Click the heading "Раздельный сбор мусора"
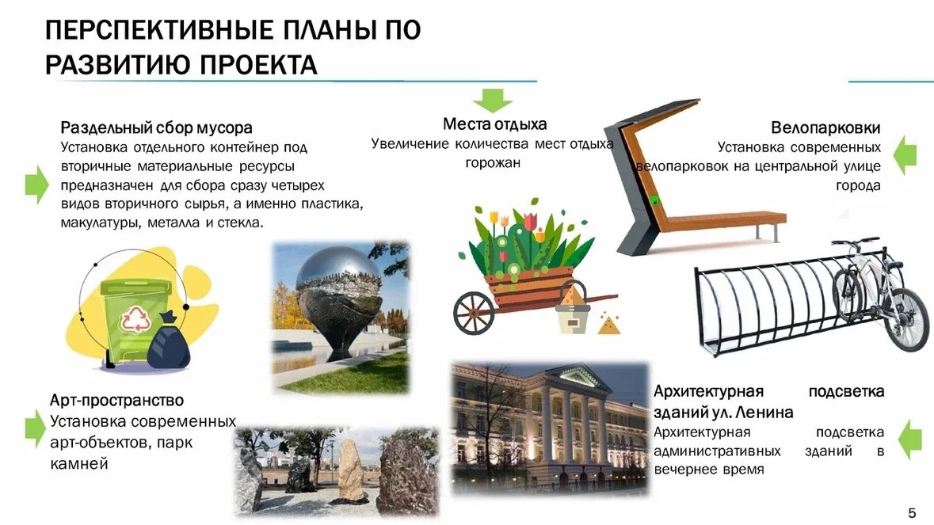pos(156,128)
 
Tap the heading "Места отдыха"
pos(494,124)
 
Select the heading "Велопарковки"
pos(825,128)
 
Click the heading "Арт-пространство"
pos(116,400)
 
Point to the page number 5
pos(912,513)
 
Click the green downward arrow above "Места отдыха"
pos(493,100)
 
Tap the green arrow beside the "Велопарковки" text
pos(905,155)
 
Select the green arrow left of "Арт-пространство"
pos(35,428)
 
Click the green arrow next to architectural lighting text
pos(909,440)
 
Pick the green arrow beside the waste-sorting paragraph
pos(36,185)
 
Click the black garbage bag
pos(169,342)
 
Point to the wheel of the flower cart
pos(475,313)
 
